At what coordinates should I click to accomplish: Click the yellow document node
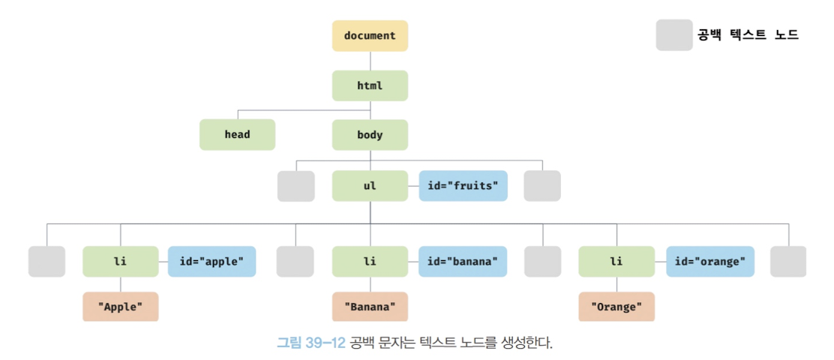point(370,36)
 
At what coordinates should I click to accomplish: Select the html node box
point(370,85)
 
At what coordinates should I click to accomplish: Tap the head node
point(237,135)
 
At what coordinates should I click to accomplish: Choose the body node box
point(370,135)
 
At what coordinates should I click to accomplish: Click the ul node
point(370,186)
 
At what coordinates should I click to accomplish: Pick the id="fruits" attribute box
point(463,186)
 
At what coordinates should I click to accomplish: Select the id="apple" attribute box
point(211,262)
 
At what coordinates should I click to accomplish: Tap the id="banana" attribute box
point(463,262)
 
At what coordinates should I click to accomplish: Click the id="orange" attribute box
point(709,262)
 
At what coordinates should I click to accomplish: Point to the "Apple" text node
point(121,307)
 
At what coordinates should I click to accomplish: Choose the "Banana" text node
point(370,307)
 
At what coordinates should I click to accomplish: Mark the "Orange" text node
point(616,307)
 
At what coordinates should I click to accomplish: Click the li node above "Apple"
point(121,262)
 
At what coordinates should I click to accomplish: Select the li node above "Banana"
point(370,262)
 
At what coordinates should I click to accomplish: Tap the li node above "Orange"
point(616,262)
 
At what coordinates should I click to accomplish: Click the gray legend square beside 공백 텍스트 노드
point(674,35)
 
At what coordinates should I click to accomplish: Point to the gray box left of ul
point(296,186)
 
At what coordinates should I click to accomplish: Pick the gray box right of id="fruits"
point(542,186)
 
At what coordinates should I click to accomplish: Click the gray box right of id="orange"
point(788,262)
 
